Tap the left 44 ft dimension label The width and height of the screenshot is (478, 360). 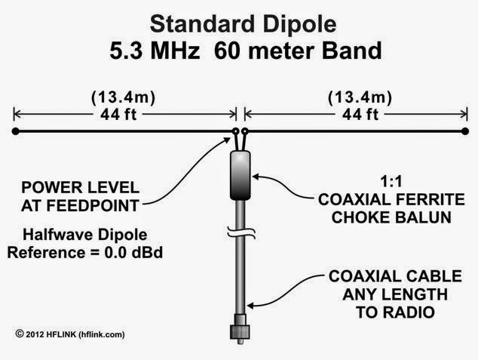pos(124,115)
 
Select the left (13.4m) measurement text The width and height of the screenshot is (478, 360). pos(124,98)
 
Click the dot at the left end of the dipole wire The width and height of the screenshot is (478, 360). pos(16,132)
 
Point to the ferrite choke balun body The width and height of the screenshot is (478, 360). pos(240,174)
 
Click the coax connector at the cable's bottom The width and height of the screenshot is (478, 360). pos(240,333)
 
